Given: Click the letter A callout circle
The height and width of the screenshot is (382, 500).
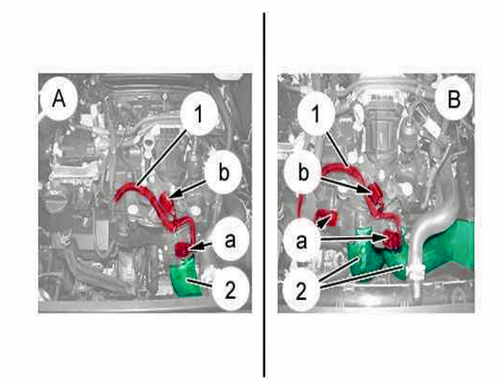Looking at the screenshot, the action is pyautogui.click(x=58, y=99).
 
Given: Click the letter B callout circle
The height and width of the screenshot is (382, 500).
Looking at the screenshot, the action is pyautogui.click(x=453, y=99).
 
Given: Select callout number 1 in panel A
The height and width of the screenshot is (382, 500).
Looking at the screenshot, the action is pyautogui.click(x=199, y=114).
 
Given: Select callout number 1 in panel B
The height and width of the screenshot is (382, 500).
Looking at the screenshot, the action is pyautogui.click(x=316, y=113).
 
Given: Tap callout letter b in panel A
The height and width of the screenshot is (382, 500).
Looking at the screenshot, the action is pyautogui.click(x=224, y=172).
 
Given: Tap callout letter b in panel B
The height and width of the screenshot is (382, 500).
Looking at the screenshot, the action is pyautogui.click(x=303, y=172).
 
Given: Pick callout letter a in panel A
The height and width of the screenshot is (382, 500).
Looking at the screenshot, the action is pyautogui.click(x=230, y=240).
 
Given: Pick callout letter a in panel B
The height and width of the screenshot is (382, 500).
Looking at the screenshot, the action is pyautogui.click(x=302, y=241).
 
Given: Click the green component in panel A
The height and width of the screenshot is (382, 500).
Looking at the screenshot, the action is pyautogui.click(x=186, y=277).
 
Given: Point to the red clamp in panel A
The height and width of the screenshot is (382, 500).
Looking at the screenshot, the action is pyautogui.click(x=182, y=249).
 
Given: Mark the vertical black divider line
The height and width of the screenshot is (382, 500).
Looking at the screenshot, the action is pyautogui.click(x=264, y=195).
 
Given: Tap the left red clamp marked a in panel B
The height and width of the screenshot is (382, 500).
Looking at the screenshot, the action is pyautogui.click(x=326, y=217).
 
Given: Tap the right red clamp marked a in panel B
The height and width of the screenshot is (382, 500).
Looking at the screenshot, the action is pyautogui.click(x=392, y=239).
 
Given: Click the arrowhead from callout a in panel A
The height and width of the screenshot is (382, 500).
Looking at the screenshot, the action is pyautogui.click(x=194, y=247).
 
